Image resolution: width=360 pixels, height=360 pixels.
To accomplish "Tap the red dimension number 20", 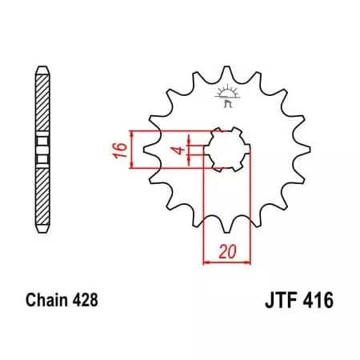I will pyautogui.click(x=228, y=250).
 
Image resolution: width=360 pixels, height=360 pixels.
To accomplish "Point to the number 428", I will pyautogui.click(x=86, y=302).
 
